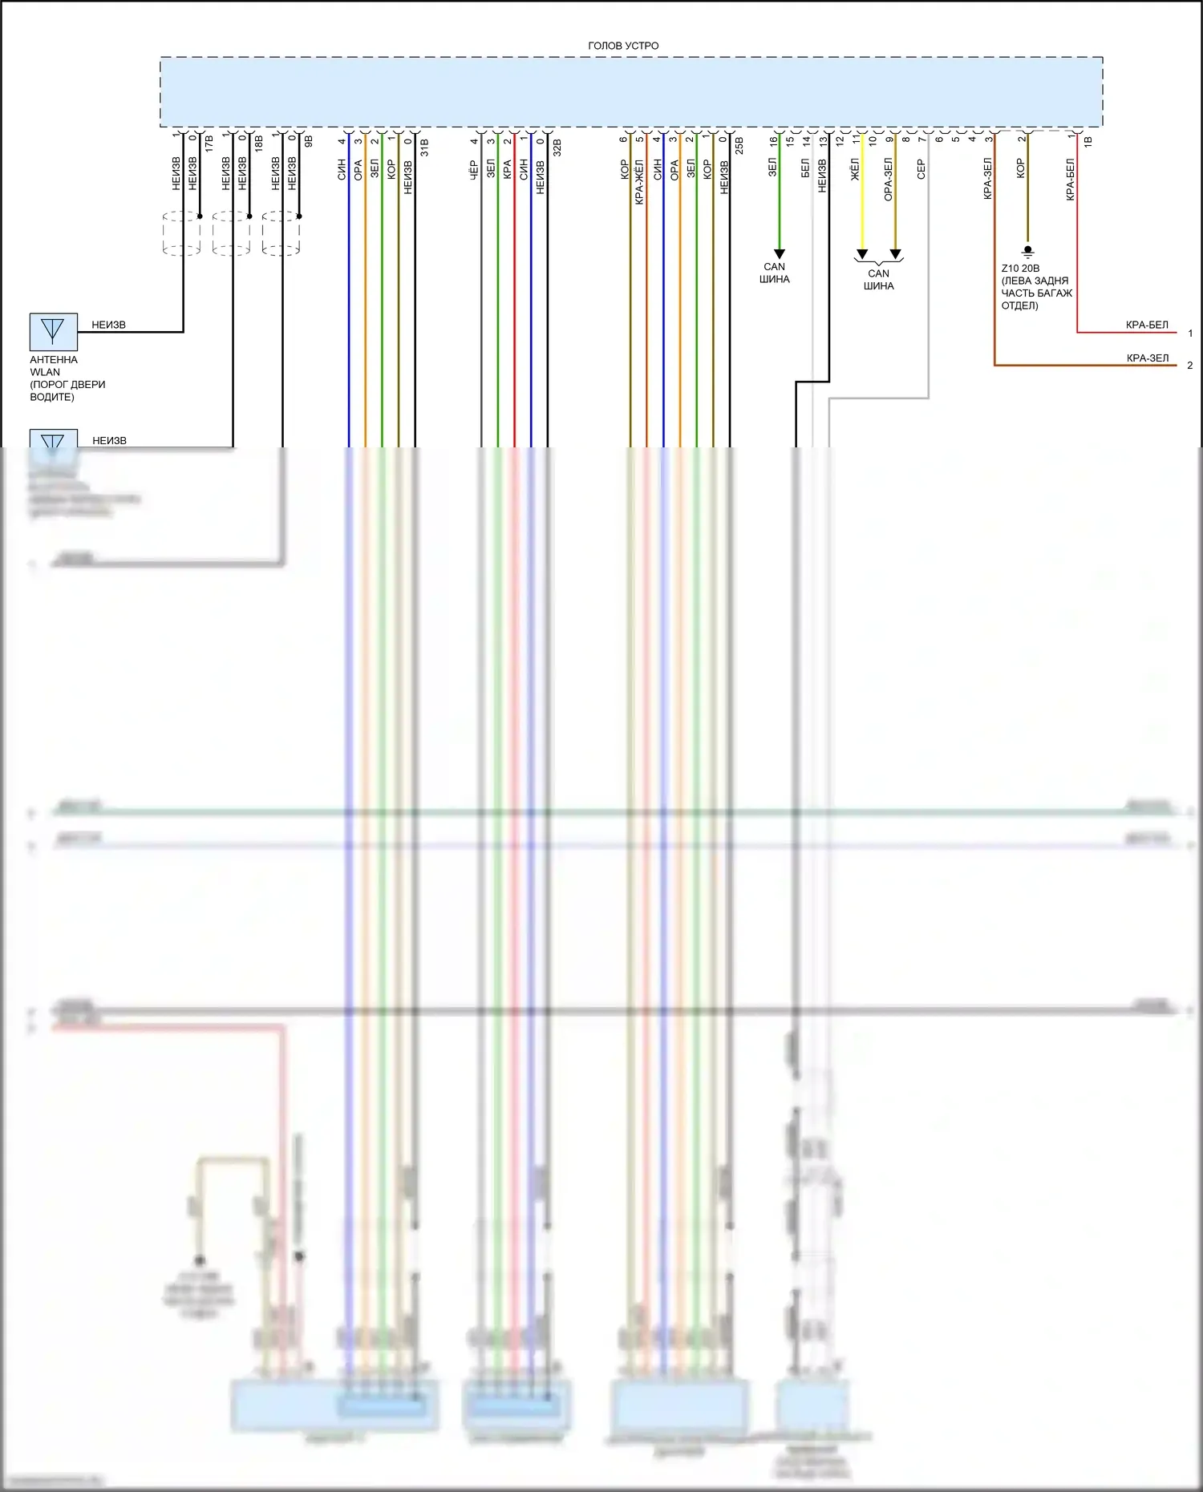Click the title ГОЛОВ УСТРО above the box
coord(623,46)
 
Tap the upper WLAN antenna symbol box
coord(53,331)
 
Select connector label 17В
coord(209,145)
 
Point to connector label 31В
coord(424,148)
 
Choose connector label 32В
coord(557,148)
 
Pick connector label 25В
coord(739,146)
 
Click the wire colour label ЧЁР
coord(474,169)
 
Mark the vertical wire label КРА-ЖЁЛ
coord(639,182)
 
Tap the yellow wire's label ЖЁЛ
coord(855,169)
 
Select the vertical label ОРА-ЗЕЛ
coord(888,180)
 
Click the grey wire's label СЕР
coord(921,169)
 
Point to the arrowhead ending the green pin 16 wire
coord(779,254)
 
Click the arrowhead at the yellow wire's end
coord(862,254)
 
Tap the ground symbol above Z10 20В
coord(1027,251)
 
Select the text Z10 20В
coord(1020,269)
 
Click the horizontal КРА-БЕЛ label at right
coord(1147,325)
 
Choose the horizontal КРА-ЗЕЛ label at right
coord(1148,358)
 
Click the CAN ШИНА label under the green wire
coord(775,273)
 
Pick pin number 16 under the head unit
coord(773,141)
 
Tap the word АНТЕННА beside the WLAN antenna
coord(54,360)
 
